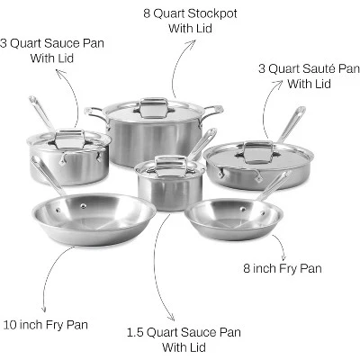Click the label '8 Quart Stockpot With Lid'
190,21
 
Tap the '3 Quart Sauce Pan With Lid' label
52,50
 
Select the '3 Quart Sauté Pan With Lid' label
309,76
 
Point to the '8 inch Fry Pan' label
283,268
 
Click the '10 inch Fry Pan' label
46,325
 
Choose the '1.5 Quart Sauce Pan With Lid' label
184,340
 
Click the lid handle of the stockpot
154,107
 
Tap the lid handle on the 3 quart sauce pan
69,139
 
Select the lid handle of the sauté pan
258,152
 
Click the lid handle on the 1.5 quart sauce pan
171,166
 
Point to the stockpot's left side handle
94,113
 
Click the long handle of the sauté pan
291,124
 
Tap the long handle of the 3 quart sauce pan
41,113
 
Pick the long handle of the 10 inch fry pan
47,175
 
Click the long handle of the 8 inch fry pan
274,185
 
